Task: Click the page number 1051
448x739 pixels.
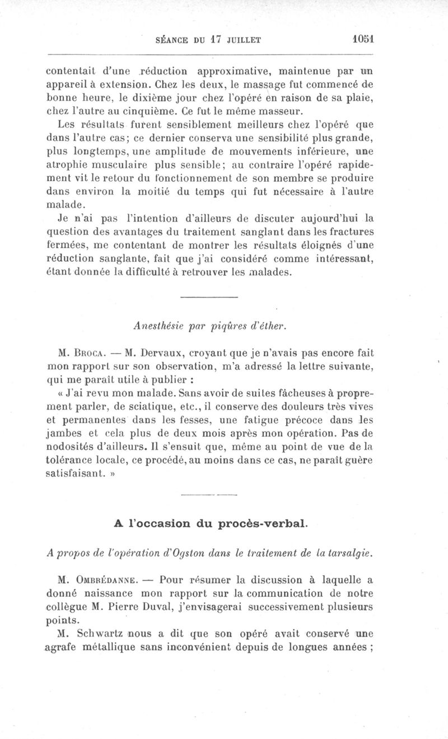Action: [x=363, y=40]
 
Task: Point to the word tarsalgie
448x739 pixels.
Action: [x=349, y=550]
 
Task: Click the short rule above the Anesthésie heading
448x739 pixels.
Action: [x=210, y=296]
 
